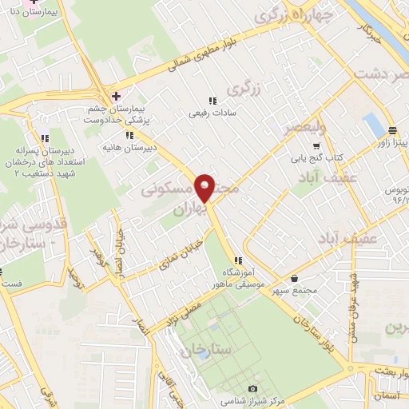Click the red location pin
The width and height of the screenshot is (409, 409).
[205, 187]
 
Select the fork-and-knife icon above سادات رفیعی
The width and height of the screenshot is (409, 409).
[212, 101]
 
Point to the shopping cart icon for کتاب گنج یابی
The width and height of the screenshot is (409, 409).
[316, 146]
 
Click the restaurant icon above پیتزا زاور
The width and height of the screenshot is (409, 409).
[392, 130]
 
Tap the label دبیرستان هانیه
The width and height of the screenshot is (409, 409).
[127, 147]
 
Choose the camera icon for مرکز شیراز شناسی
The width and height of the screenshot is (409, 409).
[253, 387]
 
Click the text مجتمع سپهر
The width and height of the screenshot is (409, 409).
[293, 291]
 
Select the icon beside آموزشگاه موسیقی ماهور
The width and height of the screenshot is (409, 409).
[238, 260]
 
